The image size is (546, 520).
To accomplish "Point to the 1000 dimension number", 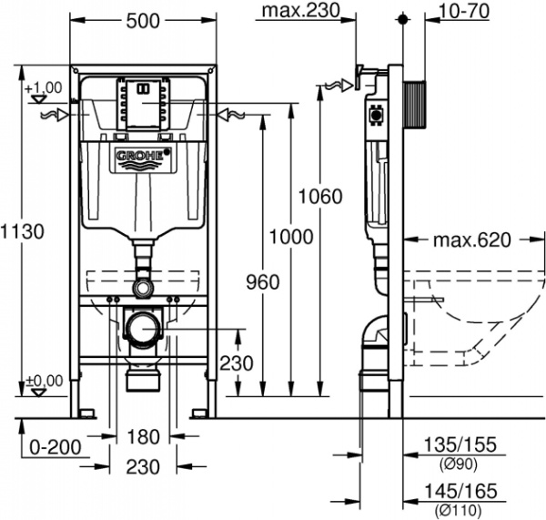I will (291, 238).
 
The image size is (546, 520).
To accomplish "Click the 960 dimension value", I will (262, 283).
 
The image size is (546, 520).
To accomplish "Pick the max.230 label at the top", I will (297, 12).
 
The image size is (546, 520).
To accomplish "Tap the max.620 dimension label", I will (471, 240).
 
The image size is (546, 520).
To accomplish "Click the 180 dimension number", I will (143, 435).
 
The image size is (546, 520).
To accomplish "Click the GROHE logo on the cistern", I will (139, 157).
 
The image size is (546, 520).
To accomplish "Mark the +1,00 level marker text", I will (43, 87).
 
